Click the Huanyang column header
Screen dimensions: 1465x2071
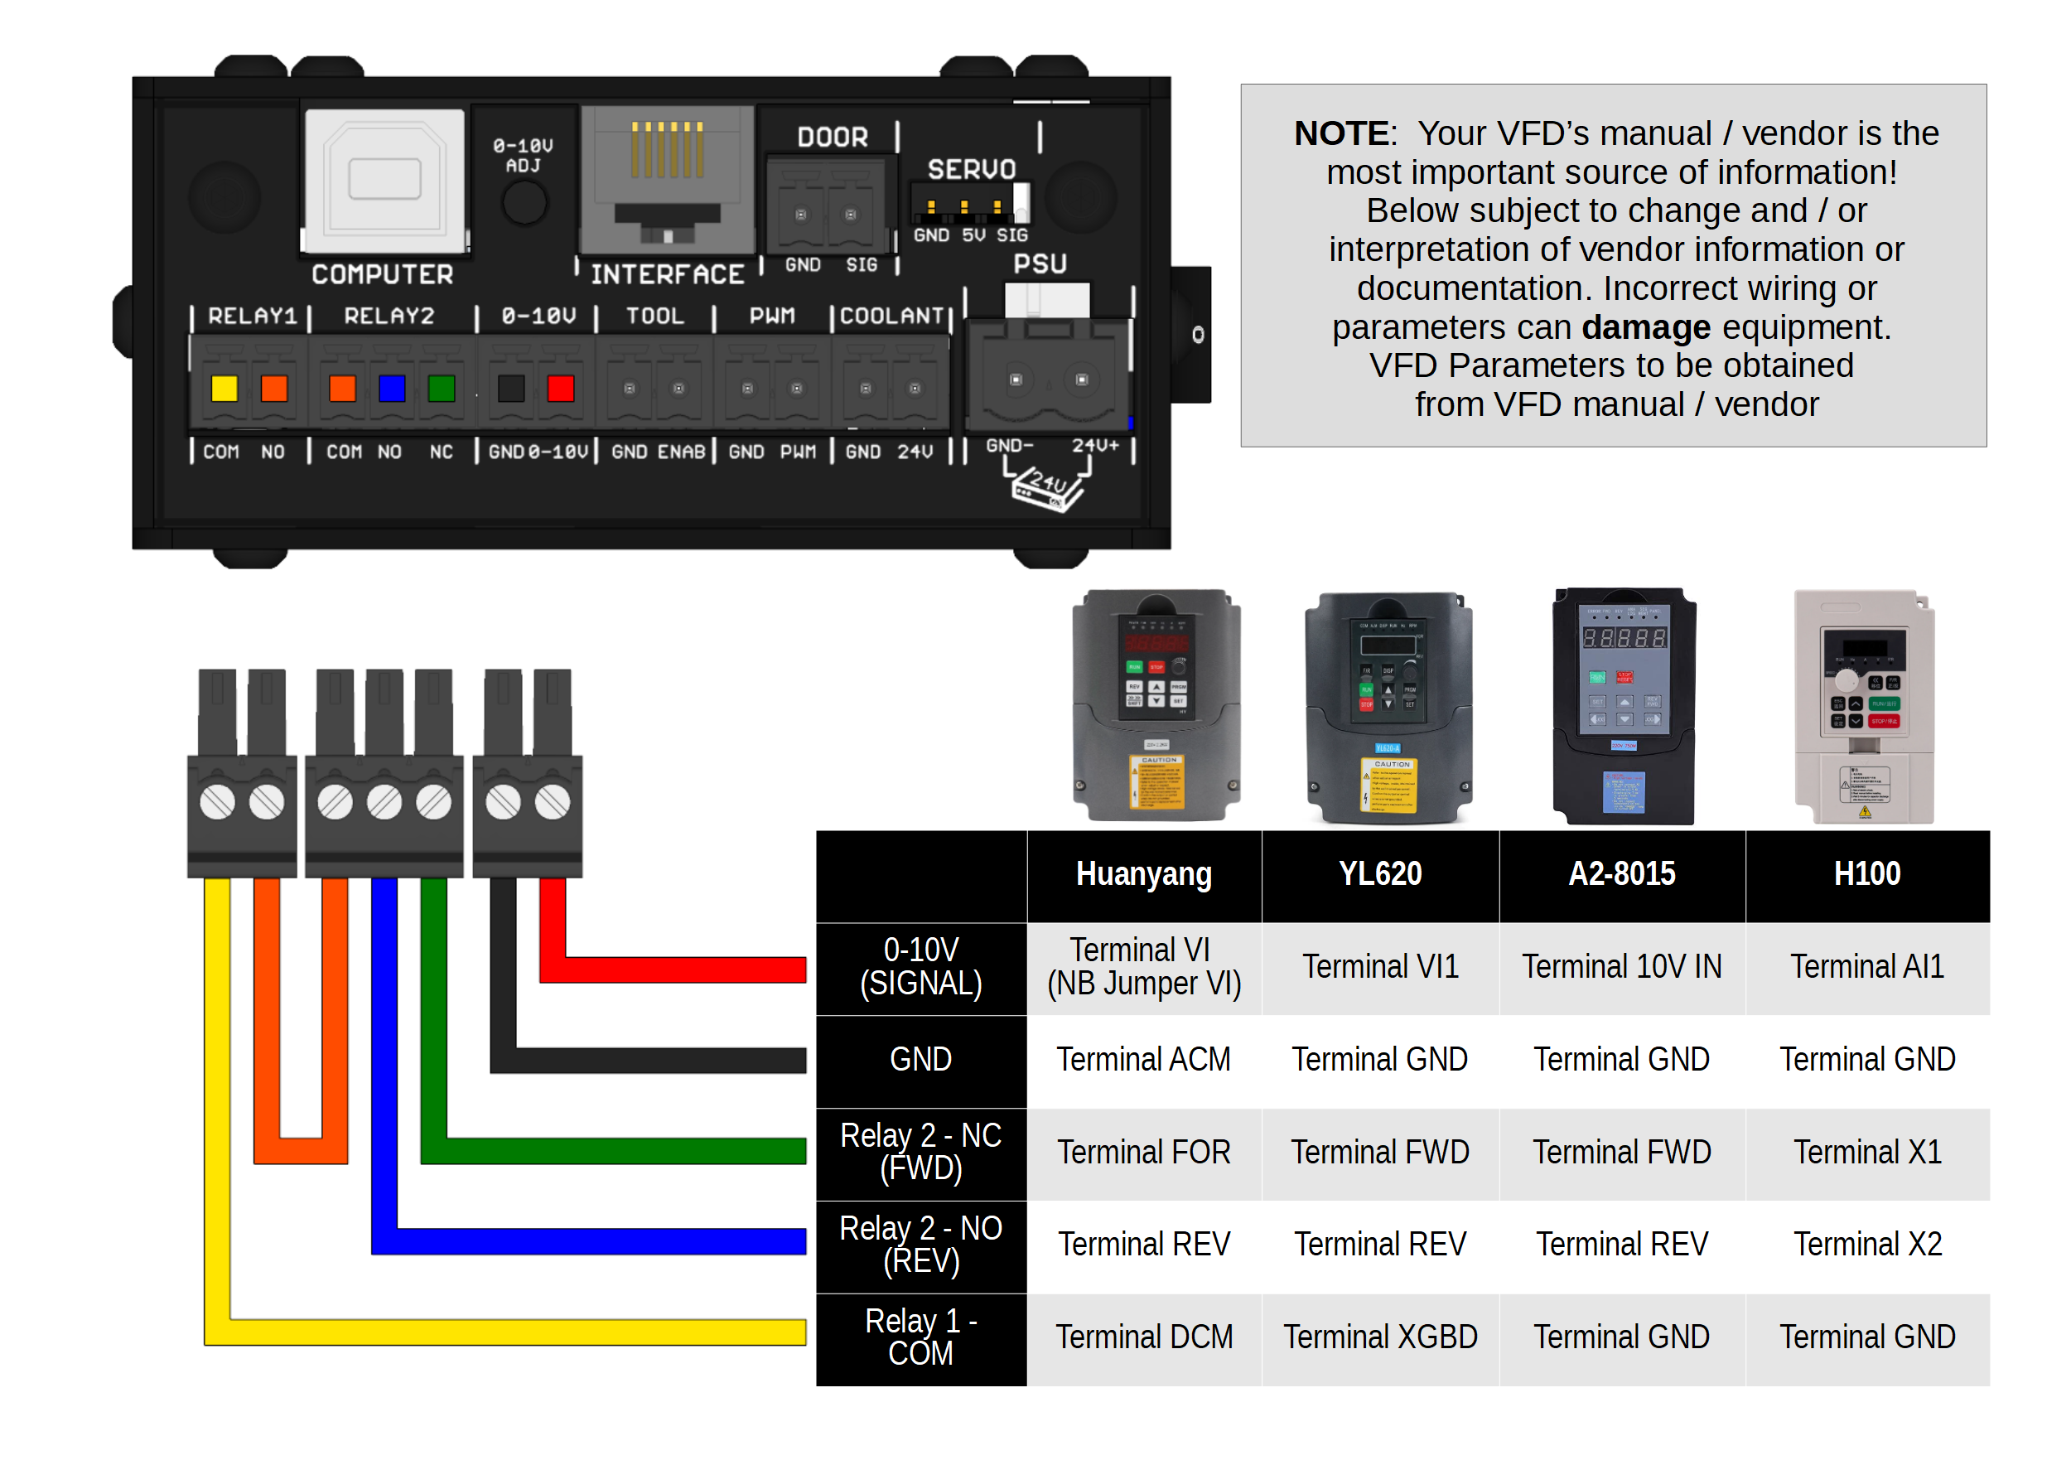tap(1143, 874)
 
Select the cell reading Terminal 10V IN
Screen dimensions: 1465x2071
tap(1621, 966)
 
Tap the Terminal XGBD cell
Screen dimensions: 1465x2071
tap(1380, 1336)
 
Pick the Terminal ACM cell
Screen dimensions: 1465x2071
tap(1143, 1059)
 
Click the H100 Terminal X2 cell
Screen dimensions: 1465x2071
tap(1866, 1244)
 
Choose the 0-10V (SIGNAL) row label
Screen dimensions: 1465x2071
tap(920, 966)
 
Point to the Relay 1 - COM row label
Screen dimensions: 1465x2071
tap(920, 1336)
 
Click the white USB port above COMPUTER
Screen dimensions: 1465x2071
tap(384, 180)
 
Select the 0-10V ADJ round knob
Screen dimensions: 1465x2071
tap(524, 202)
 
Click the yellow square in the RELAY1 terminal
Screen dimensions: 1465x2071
tap(224, 388)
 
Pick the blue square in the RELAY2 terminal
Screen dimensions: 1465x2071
tap(392, 388)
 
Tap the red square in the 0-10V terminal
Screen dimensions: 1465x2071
tap(560, 388)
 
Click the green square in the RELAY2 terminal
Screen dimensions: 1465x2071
tap(441, 388)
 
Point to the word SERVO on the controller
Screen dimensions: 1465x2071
tap(972, 169)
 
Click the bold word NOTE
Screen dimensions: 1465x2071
tap(1340, 133)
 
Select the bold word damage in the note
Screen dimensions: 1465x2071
tap(1645, 326)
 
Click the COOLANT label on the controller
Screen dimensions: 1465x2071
tap(891, 316)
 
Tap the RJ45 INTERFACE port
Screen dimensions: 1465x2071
tap(668, 180)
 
